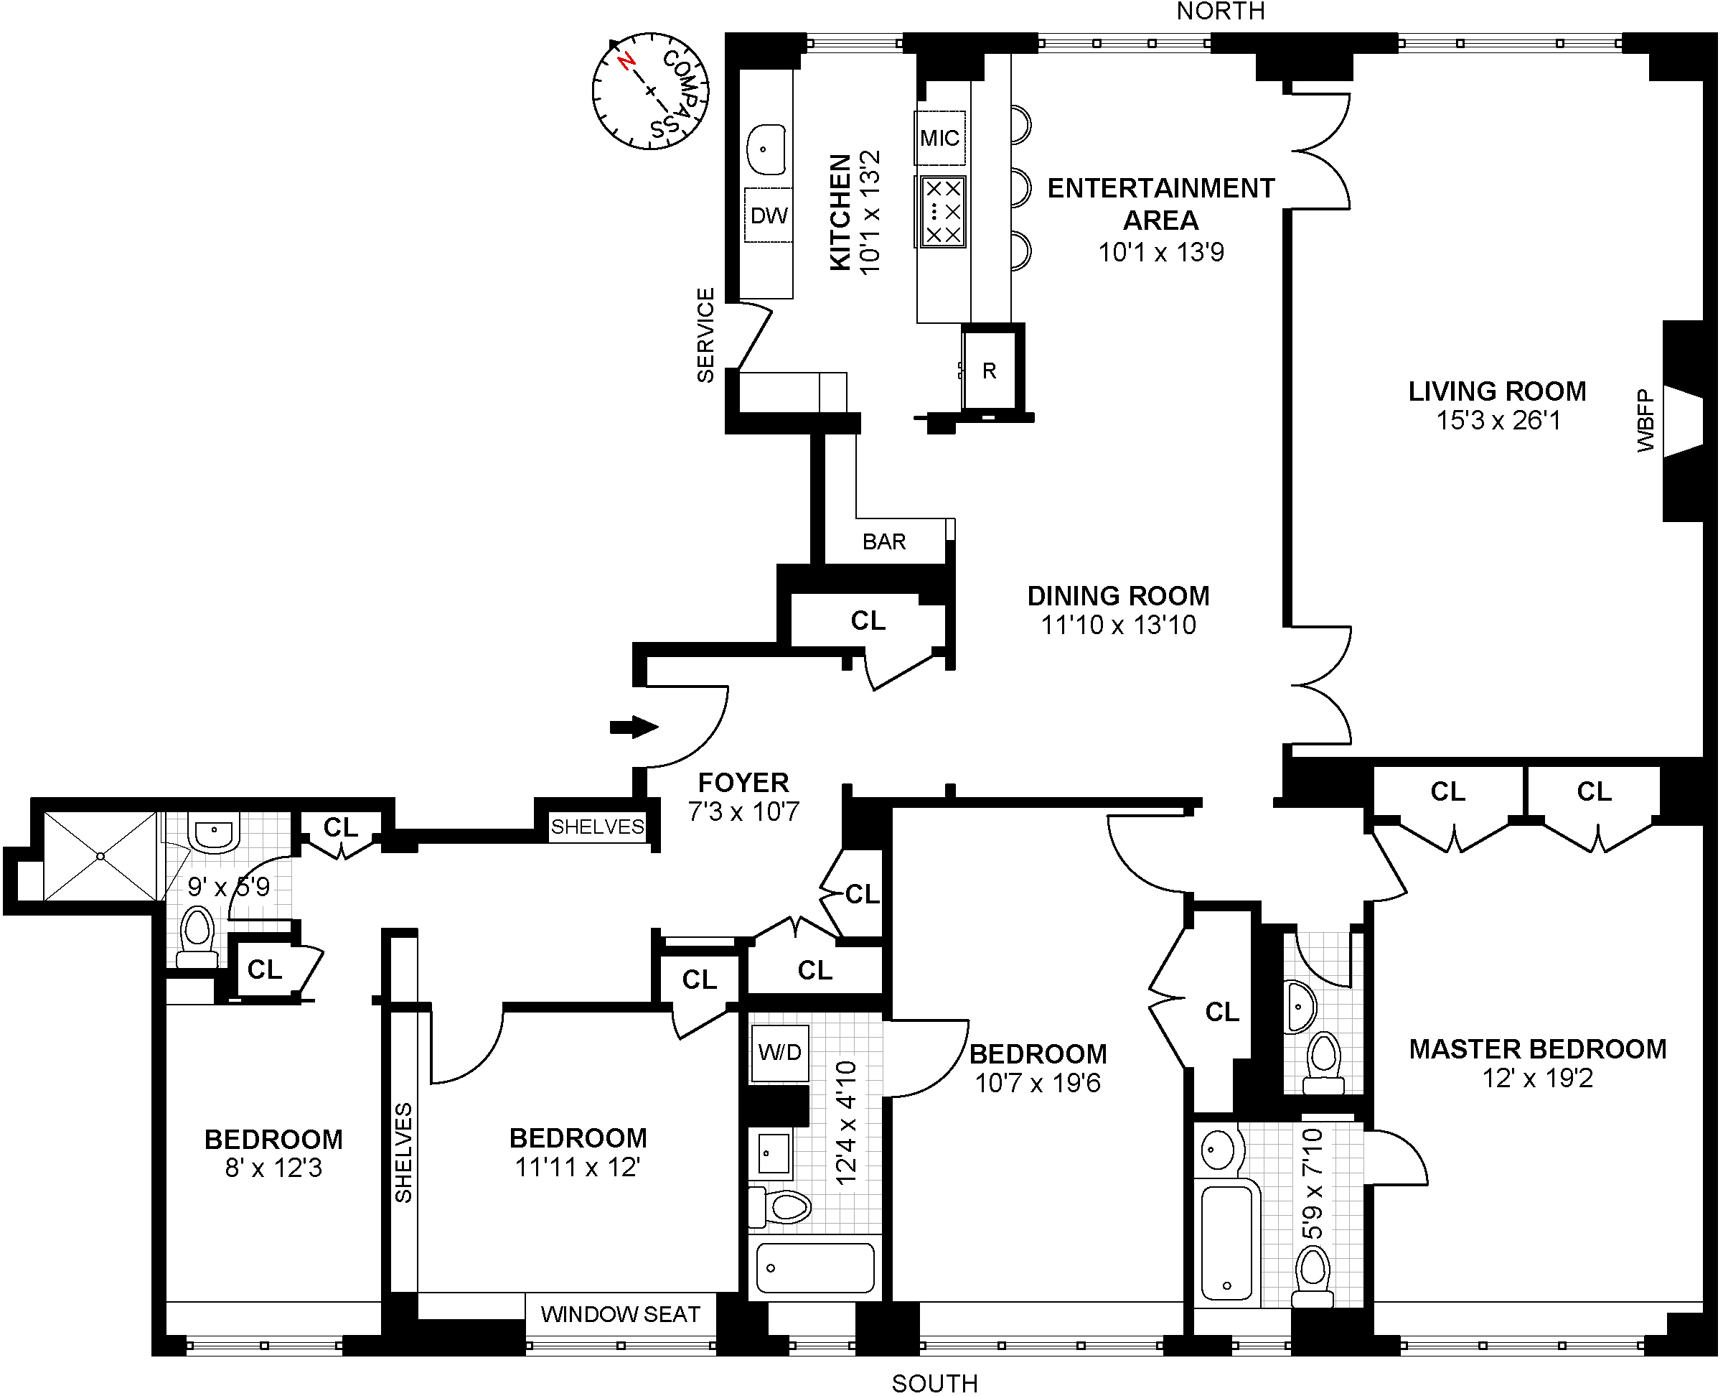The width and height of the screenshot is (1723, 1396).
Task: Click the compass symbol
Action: tap(650, 91)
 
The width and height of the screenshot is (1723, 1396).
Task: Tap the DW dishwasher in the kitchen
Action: tap(769, 215)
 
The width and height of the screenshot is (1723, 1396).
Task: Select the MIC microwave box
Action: tap(939, 137)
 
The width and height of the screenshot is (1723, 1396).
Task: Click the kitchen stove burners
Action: tap(942, 212)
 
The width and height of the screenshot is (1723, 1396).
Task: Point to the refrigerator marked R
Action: tap(990, 371)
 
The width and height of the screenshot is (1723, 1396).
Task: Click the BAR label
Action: tap(884, 541)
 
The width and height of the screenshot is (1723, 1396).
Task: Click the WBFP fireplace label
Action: tap(1645, 421)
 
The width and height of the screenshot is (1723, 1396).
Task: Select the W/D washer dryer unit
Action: tap(779, 1052)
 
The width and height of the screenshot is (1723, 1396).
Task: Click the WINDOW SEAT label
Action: tap(621, 1314)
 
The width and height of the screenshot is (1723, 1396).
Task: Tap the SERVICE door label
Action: tap(705, 335)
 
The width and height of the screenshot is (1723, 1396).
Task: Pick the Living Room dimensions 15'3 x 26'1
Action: tap(1498, 420)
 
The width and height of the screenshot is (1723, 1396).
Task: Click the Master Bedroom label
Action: tap(1538, 1048)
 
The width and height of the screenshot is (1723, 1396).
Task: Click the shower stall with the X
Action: tap(100, 857)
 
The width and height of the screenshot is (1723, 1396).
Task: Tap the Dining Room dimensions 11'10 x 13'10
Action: tap(1119, 625)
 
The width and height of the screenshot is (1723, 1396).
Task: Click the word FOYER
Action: tap(743, 783)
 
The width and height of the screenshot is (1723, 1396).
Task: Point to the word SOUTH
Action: tap(934, 1383)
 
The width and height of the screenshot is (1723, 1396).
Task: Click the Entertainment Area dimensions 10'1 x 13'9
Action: tap(1161, 253)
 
